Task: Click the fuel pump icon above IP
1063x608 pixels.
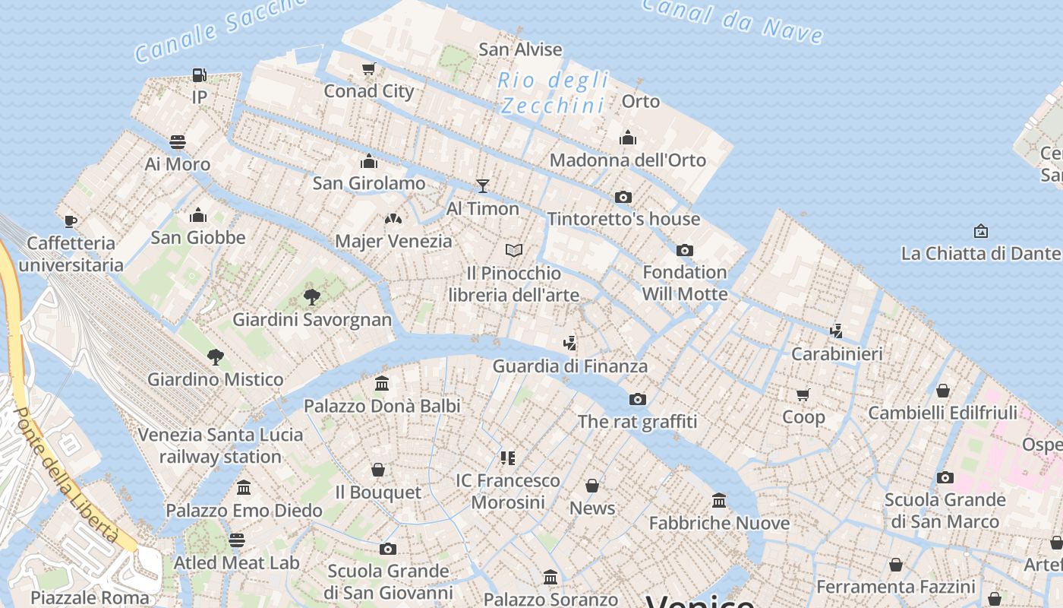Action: point(199,74)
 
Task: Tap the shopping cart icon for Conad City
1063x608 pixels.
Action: point(369,69)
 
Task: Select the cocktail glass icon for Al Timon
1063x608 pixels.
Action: point(482,185)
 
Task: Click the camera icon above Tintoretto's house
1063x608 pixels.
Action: point(623,197)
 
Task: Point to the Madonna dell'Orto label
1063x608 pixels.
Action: point(627,160)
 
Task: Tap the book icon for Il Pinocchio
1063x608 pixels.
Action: point(514,250)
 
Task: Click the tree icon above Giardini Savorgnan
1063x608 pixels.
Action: point(311,296)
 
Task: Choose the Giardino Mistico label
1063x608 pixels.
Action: point(215,379)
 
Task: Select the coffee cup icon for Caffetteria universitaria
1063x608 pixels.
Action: point(71,221)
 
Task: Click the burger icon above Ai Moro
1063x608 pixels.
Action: point(178,142)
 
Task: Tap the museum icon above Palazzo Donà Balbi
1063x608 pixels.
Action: point(382,384)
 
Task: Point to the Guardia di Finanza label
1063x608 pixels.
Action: point(569,366)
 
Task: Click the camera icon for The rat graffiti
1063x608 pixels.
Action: point(637,399)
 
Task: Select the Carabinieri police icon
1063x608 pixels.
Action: point(836,331)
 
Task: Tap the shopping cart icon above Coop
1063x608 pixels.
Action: point(803,394)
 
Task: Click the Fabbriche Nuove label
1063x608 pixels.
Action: point(719,523)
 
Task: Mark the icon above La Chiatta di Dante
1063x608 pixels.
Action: point(981,230)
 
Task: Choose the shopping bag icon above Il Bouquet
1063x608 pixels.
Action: point(377,470)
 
